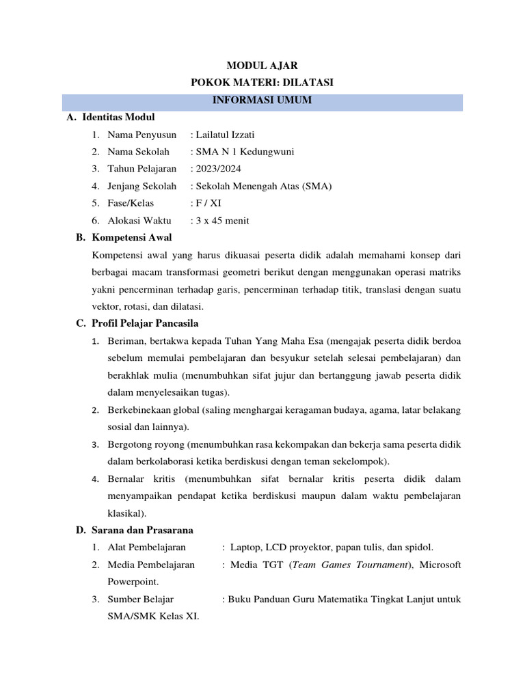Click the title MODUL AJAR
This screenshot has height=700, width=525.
pyautogui.click(x=262, y=66)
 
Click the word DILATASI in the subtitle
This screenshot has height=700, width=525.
pyautogui.click(x=308, y=83)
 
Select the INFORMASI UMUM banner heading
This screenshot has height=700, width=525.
pyautogui.click(x=262, y=100)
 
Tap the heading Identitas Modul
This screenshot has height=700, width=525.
pyautogui.click(x=118, y=117)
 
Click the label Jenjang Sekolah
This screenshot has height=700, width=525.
pyautogui.click(x=142, y=186)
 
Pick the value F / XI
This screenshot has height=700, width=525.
pyautogui.click(x=208, y=203)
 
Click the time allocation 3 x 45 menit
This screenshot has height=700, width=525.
pyautogui.click(x=222, y=220)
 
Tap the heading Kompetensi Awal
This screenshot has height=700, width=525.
pyautogui.click(x=131, y=237)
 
